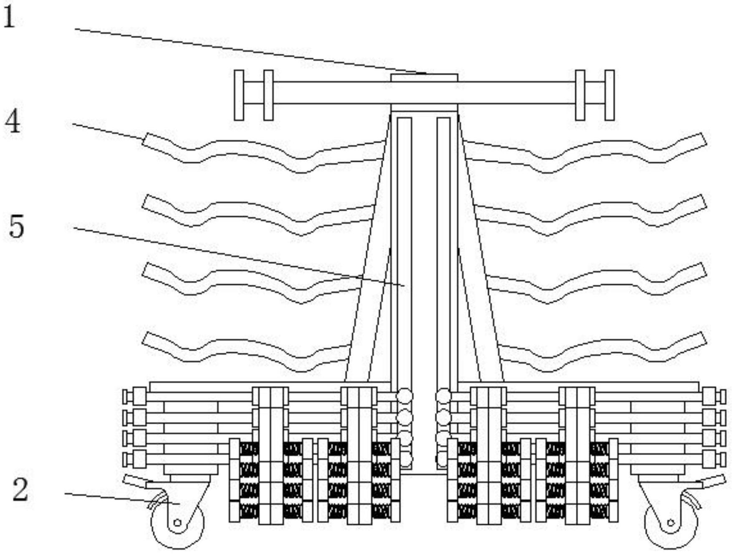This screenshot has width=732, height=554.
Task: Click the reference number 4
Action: [x=13, y=122]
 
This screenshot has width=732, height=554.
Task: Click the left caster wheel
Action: [x=178, y=524]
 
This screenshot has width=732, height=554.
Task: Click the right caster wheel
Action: [x=671, y=524]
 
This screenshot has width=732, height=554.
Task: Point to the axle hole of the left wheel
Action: [x=177, y=523]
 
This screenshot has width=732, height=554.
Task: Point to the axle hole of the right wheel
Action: [x=671, y=523]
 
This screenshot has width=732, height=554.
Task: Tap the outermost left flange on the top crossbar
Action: [x=239, y=95]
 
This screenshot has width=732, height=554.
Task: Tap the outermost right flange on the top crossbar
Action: [x=609, y=95]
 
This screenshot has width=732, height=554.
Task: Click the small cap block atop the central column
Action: [x=424, y=78]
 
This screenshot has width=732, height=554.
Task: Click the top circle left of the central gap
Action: [x=404, y=396]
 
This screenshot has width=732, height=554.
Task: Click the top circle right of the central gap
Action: [x=443, y=396]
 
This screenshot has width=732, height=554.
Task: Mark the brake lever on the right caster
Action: [x=714, y=482]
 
